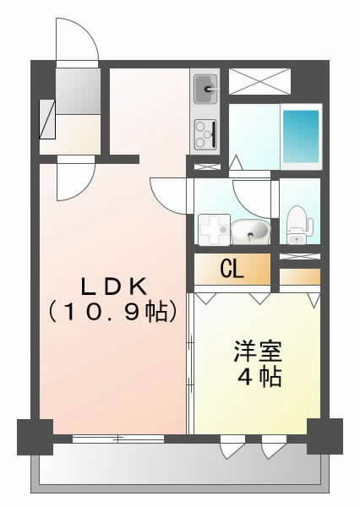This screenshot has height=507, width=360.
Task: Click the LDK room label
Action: coord(114,287)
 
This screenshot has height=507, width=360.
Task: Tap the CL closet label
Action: coord(232,270)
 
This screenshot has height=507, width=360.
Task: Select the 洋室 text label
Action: coord(258,352)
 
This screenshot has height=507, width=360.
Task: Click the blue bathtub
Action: coord(301,136)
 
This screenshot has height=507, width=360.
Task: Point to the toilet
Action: coord(299,224)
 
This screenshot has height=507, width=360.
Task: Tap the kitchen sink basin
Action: coord(206,89)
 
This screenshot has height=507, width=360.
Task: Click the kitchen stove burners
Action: coord(205,134)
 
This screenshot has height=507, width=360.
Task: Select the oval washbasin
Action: coord(250,231)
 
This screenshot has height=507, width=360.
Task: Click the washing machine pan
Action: coord(214,230)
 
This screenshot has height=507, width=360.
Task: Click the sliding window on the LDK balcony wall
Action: coord(118,439)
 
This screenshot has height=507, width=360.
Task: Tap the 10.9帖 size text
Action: coord(113,313)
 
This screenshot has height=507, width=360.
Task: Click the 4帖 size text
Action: coord(259,377)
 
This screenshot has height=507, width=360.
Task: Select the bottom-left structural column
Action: coord(35,437)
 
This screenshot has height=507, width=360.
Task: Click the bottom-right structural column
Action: coord(325,436)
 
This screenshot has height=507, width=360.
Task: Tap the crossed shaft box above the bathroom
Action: coord(259,81)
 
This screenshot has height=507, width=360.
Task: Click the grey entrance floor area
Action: coord(78,91)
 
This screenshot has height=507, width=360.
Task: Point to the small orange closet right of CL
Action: coord(300,276)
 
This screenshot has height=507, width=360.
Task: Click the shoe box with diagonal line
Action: coord(47,120)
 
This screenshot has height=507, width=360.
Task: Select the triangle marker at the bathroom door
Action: coord(236,162)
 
